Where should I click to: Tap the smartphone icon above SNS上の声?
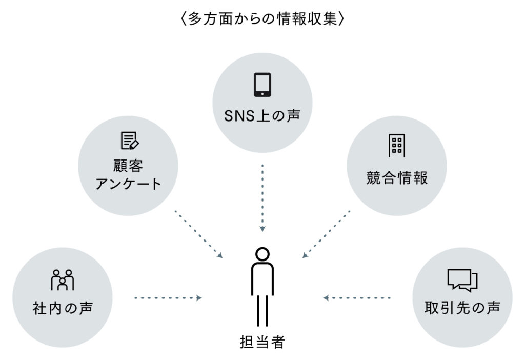click(x=262, y=85)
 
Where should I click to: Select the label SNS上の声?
click(x=262, y=116)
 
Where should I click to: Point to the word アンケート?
click(x=128, y=184)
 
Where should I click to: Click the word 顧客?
click(x=128, y=166)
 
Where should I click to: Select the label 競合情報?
click(x=397, y=177)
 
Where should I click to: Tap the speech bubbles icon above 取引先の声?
click(x=462, y=280)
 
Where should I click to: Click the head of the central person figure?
click(x=262, y=254)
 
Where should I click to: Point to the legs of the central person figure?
click(x=262, y=310)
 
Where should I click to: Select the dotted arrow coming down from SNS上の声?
click(x=262, y=197)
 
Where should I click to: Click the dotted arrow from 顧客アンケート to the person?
click(x=199, y=233)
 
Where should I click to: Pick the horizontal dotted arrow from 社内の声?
click(x=168, y=297)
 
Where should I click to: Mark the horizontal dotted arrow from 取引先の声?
click(x=357, y=297)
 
